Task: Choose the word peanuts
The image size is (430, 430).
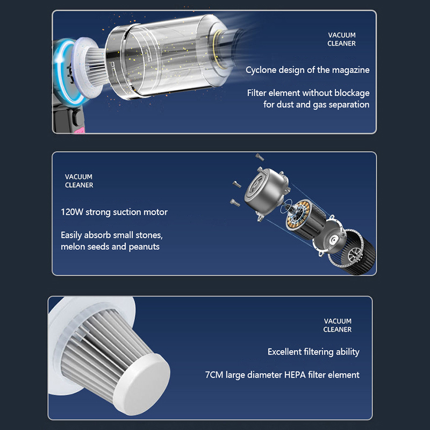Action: [x=144, y=247]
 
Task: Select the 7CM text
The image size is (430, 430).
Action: [x=214, y=375]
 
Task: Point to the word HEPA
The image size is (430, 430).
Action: [x=295, y=375]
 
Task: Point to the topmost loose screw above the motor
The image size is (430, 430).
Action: [x=260, y=157]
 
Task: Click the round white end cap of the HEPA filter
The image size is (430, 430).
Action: [x=141, y=384]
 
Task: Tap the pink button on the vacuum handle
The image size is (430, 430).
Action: [x=79, y=131]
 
